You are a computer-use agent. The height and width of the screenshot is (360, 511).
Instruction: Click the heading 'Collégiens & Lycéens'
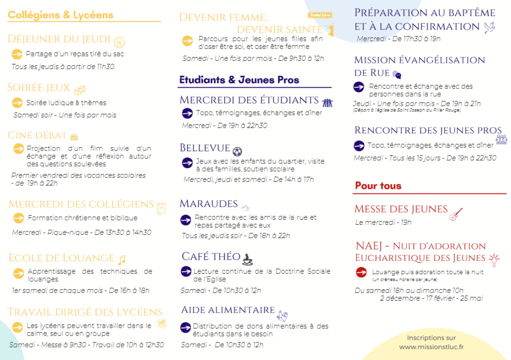tap(60, 15)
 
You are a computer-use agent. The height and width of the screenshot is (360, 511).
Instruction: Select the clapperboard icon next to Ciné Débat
tap(74, 136)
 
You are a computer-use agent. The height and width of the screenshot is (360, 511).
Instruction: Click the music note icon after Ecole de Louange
tap(121, 259)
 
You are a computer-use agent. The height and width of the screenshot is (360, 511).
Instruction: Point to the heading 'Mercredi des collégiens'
tap(81, 204)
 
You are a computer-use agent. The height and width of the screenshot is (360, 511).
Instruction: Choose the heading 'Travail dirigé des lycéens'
tap(85, 312)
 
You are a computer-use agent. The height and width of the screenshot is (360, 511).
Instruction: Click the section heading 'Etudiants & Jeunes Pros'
tap(239, 80)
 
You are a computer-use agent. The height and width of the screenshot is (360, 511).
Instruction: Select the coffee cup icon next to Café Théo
tap(248, 259)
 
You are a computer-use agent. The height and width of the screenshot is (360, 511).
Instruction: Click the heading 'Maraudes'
tap(209, 203)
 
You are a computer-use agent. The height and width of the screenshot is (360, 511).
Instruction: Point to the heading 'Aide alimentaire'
tap(228, 310)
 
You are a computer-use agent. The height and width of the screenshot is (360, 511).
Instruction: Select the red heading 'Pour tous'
tap(378, 186)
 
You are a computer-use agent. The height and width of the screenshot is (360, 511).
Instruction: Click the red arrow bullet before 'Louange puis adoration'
tap(361, 272)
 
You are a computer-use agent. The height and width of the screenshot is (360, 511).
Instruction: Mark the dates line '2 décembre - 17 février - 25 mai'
tap(431, 298)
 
